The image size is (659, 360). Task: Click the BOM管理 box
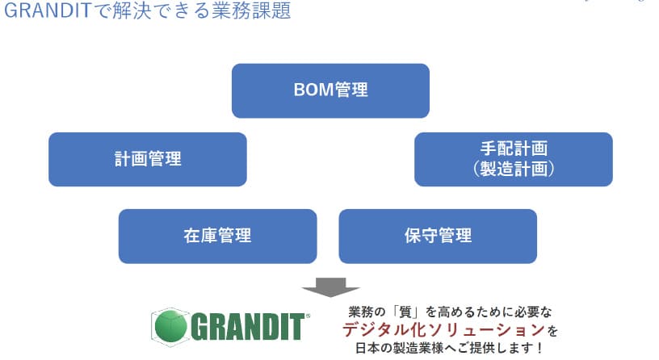pyautogui.click(x=330, y=90)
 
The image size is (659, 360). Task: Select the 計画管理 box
pyautogui.click(x=147, y=159)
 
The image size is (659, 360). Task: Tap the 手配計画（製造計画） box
pyautogui.click(x=513, y=159)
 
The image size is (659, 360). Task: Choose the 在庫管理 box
pyautogui.click(x=217, y=236)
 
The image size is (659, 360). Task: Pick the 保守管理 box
pyautogui.click(x=438, y=236)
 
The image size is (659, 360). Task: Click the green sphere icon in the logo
pyautogui.click(x=170, y=325)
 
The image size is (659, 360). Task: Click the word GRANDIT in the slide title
pyautogui.click(x=48, y=12)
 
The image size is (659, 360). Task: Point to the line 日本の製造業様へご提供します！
pyautogui.click(x=449, y=349)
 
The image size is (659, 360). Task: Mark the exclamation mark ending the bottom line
pyautogui.click(x=539, y=349)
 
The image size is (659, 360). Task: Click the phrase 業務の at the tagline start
pyautogui.click(x=368, y=312)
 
